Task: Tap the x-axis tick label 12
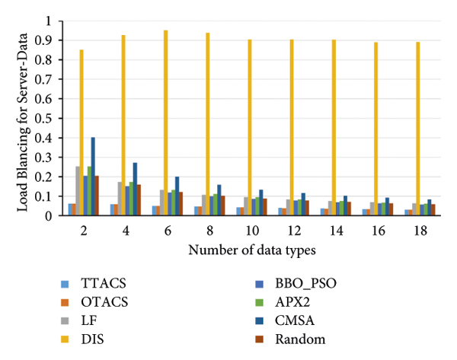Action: (292, 230)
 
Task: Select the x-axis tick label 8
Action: (207, 230)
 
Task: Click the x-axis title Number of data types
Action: (249, 250)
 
